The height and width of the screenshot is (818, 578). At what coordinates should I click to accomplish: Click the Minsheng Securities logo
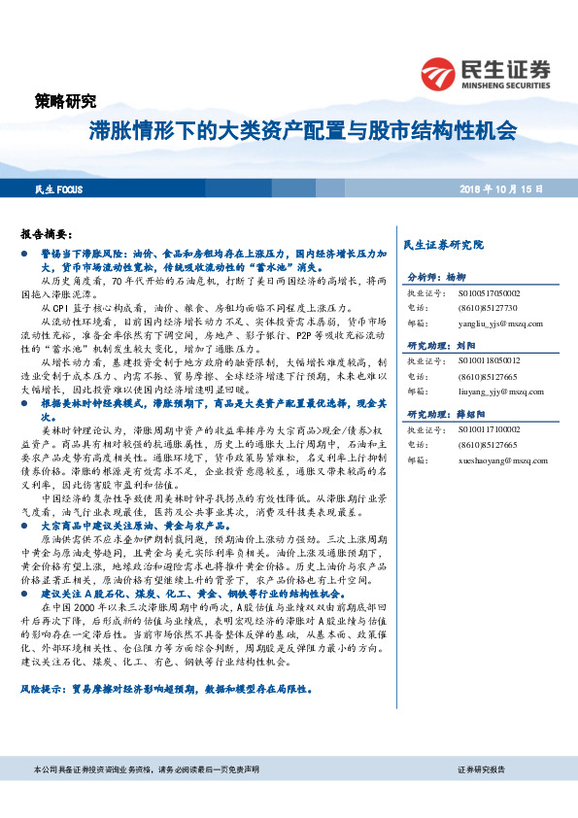click(485, 72)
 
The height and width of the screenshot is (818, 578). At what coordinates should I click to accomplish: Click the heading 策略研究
click(65, 100)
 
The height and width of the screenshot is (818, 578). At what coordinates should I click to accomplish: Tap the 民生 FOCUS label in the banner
click(59, 190)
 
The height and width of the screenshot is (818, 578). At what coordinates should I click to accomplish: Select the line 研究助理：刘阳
click(441, 345)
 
